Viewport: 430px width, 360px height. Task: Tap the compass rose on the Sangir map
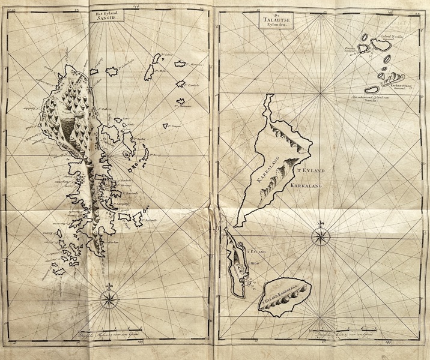pyautogui.click(x=109, y=298)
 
